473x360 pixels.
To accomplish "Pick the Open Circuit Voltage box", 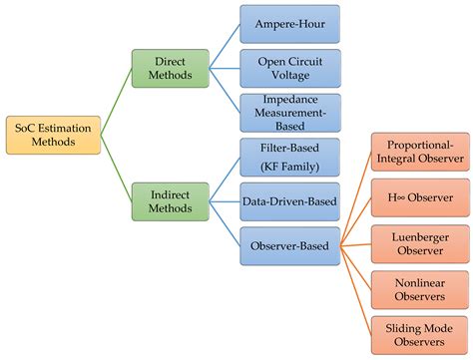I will (x=290, y=68).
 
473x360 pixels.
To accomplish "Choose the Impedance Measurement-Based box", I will (x=290, y=113).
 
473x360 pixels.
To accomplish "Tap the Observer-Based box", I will (x=290, y=244).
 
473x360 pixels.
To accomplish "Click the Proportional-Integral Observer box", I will (x=419, y=150).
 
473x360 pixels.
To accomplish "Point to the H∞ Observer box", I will (x=419, y=197).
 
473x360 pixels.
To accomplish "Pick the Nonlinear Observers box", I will (x=419, y=290).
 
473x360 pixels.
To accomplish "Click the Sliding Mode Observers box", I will (x=419, y=335).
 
